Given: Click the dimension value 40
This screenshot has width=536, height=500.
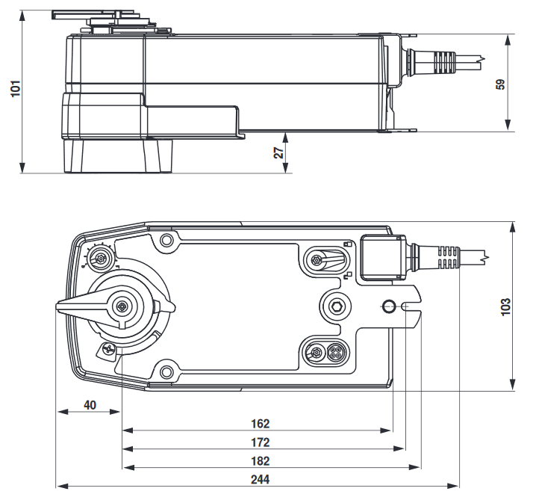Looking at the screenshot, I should tap(90, 405).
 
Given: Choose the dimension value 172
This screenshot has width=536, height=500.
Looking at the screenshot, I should tap(260, 442).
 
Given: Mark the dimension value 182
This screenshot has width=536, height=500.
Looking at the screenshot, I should tap(260, 461).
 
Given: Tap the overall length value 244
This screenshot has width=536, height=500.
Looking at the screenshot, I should tap(260, 480).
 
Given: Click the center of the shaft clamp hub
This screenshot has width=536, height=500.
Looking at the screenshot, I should tap(121, 305).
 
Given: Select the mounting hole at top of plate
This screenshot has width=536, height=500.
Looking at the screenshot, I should tap(166, 241).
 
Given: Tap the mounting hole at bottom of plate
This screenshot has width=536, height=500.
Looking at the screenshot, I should tap(166, 369).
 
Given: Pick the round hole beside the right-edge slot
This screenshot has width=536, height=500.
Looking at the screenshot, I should tap(389, 306).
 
